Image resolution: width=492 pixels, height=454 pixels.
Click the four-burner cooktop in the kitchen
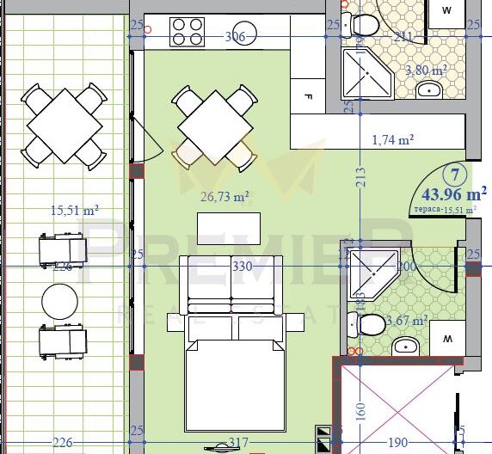click(188, 32)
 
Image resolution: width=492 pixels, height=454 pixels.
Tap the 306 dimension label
click(235, 37)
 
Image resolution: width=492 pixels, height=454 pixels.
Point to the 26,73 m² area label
click(224, 196)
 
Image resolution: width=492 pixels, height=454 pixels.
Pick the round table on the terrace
click(61, 302)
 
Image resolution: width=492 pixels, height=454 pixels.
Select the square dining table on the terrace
click(65, 125)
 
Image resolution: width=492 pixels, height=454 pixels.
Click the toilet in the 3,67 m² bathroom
click(371, 325)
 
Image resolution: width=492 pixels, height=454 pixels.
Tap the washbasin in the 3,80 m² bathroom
click(427, 89)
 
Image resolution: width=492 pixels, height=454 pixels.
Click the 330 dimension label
click(242, 267)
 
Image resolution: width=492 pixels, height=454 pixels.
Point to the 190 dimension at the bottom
click(397, 442)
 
